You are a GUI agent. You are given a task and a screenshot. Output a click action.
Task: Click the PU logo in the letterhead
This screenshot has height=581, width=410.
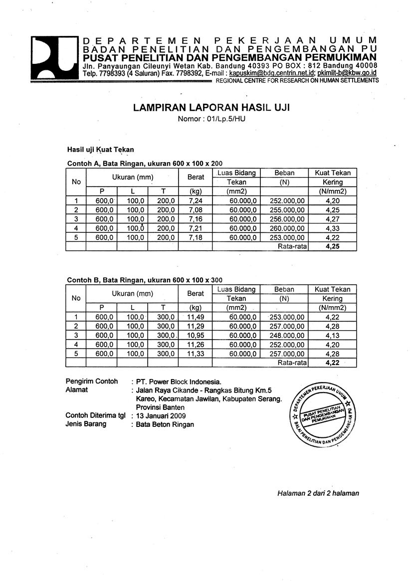[53, 58]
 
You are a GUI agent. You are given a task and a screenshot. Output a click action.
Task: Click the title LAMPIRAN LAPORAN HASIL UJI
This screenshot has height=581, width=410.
[212, 108]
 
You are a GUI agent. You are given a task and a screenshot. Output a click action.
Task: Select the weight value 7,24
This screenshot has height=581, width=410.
[193, 200]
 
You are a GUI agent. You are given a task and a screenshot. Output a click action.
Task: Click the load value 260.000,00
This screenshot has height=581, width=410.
[286, 228]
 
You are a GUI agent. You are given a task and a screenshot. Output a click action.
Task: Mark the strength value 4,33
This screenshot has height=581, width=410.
[332, 228]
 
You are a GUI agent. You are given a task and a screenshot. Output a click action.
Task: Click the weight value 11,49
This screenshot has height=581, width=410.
[196, 317]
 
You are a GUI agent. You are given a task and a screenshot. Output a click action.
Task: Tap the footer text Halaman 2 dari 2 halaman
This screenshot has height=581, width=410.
[318, 493]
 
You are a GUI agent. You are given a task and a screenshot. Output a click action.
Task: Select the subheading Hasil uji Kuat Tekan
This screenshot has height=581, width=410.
[101, 149]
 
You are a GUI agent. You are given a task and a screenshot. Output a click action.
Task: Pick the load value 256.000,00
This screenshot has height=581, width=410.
[286, 219]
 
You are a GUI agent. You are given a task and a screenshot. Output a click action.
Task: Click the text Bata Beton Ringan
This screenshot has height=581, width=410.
[165, 424]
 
